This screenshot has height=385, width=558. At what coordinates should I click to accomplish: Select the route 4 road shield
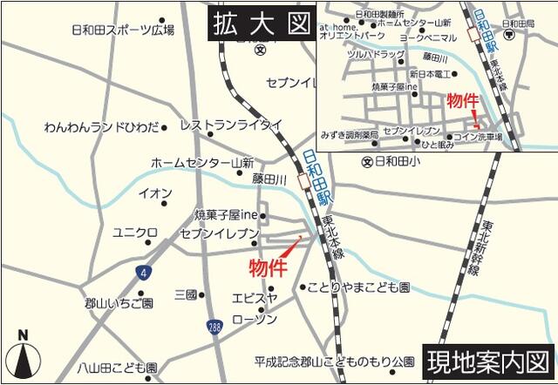[x=142, y=273]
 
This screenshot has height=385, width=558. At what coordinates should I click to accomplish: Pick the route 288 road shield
[x=214, y=326]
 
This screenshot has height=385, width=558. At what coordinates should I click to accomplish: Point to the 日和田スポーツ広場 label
[x=122, y=30]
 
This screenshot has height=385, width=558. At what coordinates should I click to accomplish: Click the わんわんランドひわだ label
[x=102, y=127]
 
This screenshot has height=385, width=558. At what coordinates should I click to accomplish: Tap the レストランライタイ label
[x=231, y=125]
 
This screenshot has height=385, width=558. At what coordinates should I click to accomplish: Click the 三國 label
[x=186, y=294]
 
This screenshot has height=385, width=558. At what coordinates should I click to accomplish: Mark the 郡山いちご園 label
[x=119, y=303]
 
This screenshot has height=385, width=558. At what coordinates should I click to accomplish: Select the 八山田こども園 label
[x=116, y=368]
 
